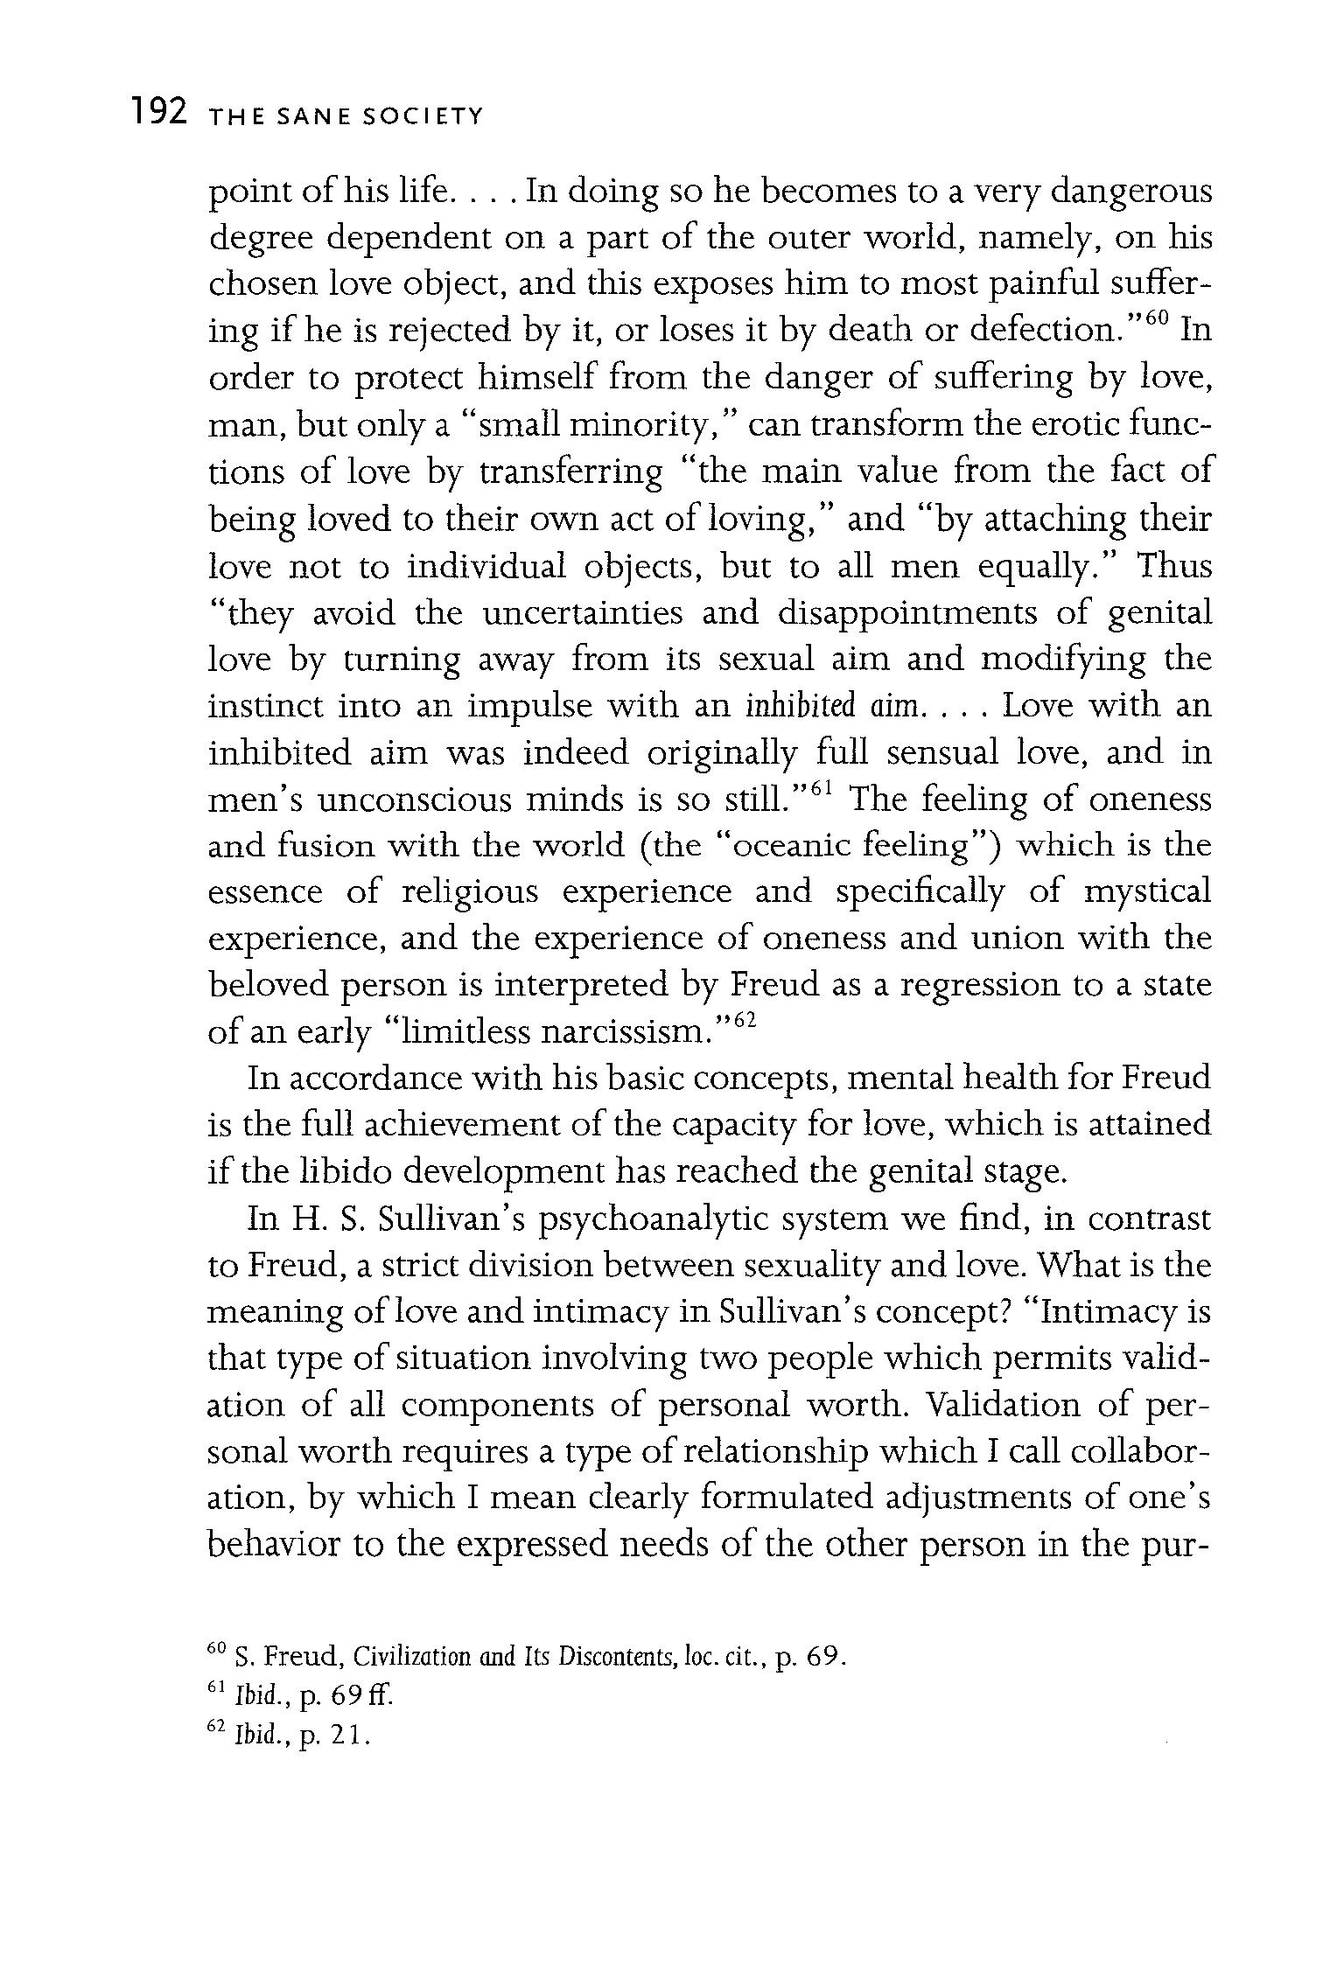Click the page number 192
pos(157,113)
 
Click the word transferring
pos(571,472)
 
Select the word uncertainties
pos(582,613)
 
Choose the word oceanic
pos(791,846)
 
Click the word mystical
pos(1147,893)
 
